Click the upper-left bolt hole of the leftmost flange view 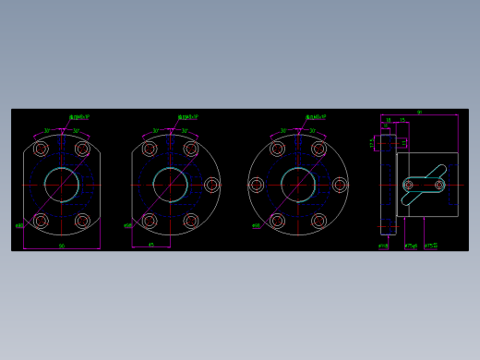click(x=41, y=149)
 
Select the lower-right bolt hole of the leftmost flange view click(x=82, y=221)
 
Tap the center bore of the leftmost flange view click(x=62, y=185)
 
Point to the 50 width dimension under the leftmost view click(x=62, y=246)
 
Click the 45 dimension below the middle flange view click(x=151, y=245)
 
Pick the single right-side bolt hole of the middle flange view click(x=212, y=185)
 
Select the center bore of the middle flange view click(x=171, y=185)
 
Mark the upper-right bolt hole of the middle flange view click(x=191, y=149)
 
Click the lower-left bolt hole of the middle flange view click(x=150, y=221)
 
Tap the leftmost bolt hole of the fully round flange click(x=257, y=185)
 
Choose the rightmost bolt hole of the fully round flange click(x=340, y=185)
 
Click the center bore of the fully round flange click(x=298, y=185)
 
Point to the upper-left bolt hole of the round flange click(x=277, y=149)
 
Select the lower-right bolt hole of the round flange click(x=318, y=221)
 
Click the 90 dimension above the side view click(x=419, y=113)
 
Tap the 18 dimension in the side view click(x=389, y=120)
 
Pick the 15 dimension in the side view click(x=402, y=120)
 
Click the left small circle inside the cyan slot click(x=409, y=185)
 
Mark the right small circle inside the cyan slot click(x=439, y=185)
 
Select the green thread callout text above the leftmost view click(x=80, y=117)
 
